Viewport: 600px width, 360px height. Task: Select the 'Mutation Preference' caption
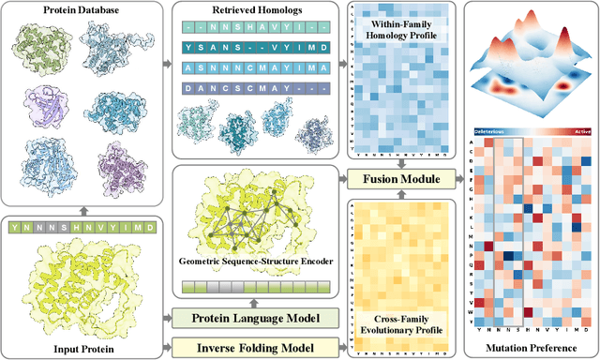coord(531,350)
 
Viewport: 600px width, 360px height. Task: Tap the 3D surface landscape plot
coord(531,62)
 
